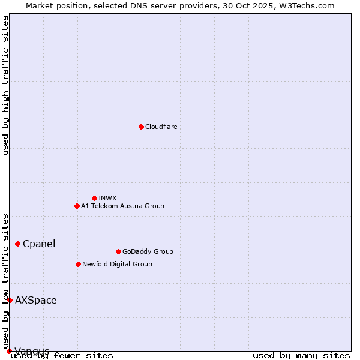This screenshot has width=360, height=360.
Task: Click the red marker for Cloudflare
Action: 141,127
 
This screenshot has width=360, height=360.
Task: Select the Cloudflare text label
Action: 161,127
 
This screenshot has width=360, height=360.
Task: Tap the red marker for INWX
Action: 94,198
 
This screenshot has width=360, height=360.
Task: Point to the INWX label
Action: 107,198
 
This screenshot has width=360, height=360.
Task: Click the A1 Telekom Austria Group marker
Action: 77,206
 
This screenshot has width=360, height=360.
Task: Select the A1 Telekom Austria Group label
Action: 122,206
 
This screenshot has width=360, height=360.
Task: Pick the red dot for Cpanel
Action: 17,244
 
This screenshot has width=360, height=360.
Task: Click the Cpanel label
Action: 39,244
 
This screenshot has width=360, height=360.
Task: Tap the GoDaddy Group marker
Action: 118,251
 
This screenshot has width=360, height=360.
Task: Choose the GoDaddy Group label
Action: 148,251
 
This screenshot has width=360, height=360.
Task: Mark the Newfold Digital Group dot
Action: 78,264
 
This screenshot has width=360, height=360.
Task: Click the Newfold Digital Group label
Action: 117,264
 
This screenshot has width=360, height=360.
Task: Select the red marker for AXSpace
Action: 10,300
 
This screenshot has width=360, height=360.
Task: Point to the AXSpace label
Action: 36,300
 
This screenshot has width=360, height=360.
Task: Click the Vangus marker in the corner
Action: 9,351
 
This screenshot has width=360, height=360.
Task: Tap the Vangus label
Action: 32,351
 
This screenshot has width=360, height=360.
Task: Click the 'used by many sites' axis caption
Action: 301,356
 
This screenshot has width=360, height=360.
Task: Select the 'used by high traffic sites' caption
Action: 5,85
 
